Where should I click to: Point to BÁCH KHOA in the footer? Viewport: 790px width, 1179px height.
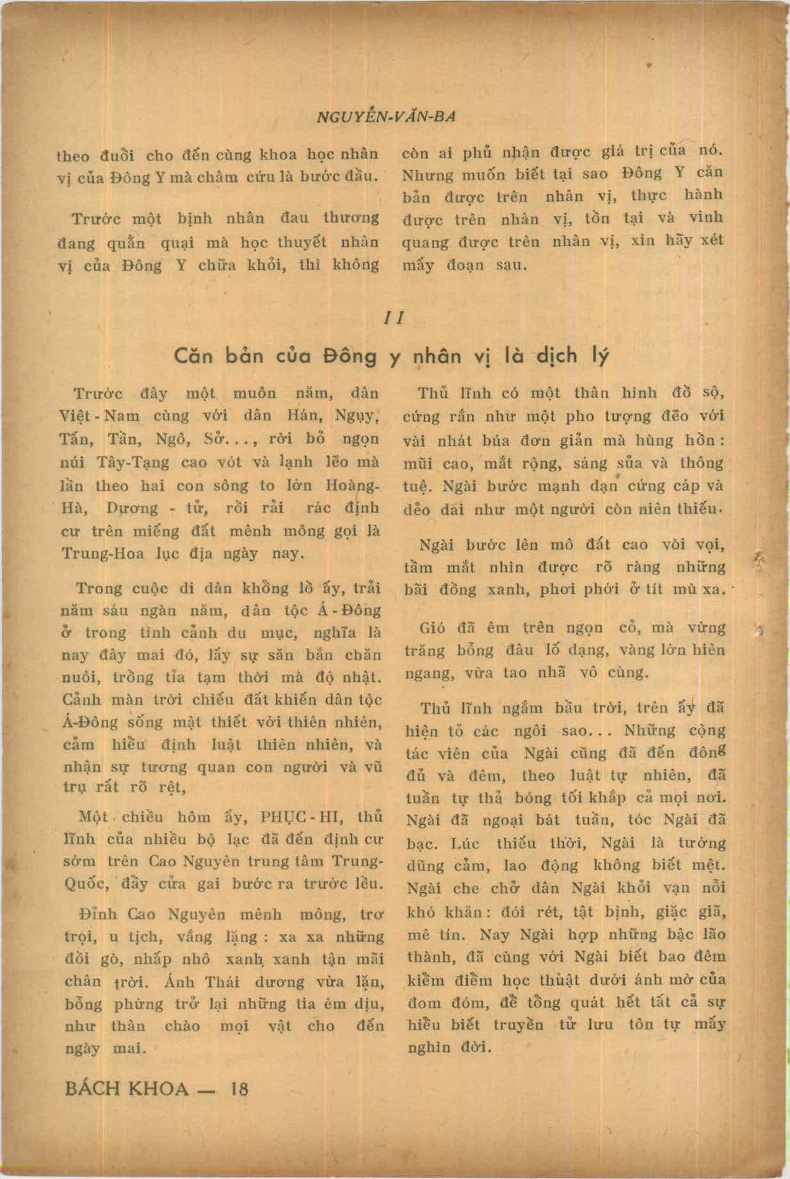pyautogui.click(x=127, y=1089)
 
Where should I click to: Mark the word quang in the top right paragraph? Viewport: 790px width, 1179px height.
pyautogui.click(x=424, y=242)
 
